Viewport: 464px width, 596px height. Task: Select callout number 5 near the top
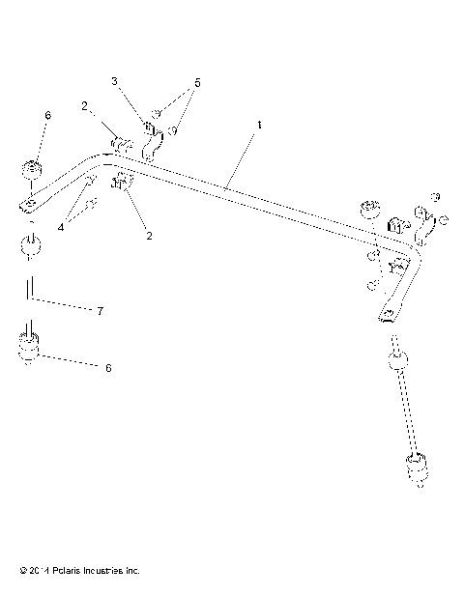[x=196, y=82]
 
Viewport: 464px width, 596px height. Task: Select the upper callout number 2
[x=86, y=105]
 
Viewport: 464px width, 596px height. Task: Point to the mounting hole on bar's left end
[x=30, y=204]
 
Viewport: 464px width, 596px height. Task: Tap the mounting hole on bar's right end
[x=390, y=314]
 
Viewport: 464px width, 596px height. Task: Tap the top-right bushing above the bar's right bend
[x=368, y=211]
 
